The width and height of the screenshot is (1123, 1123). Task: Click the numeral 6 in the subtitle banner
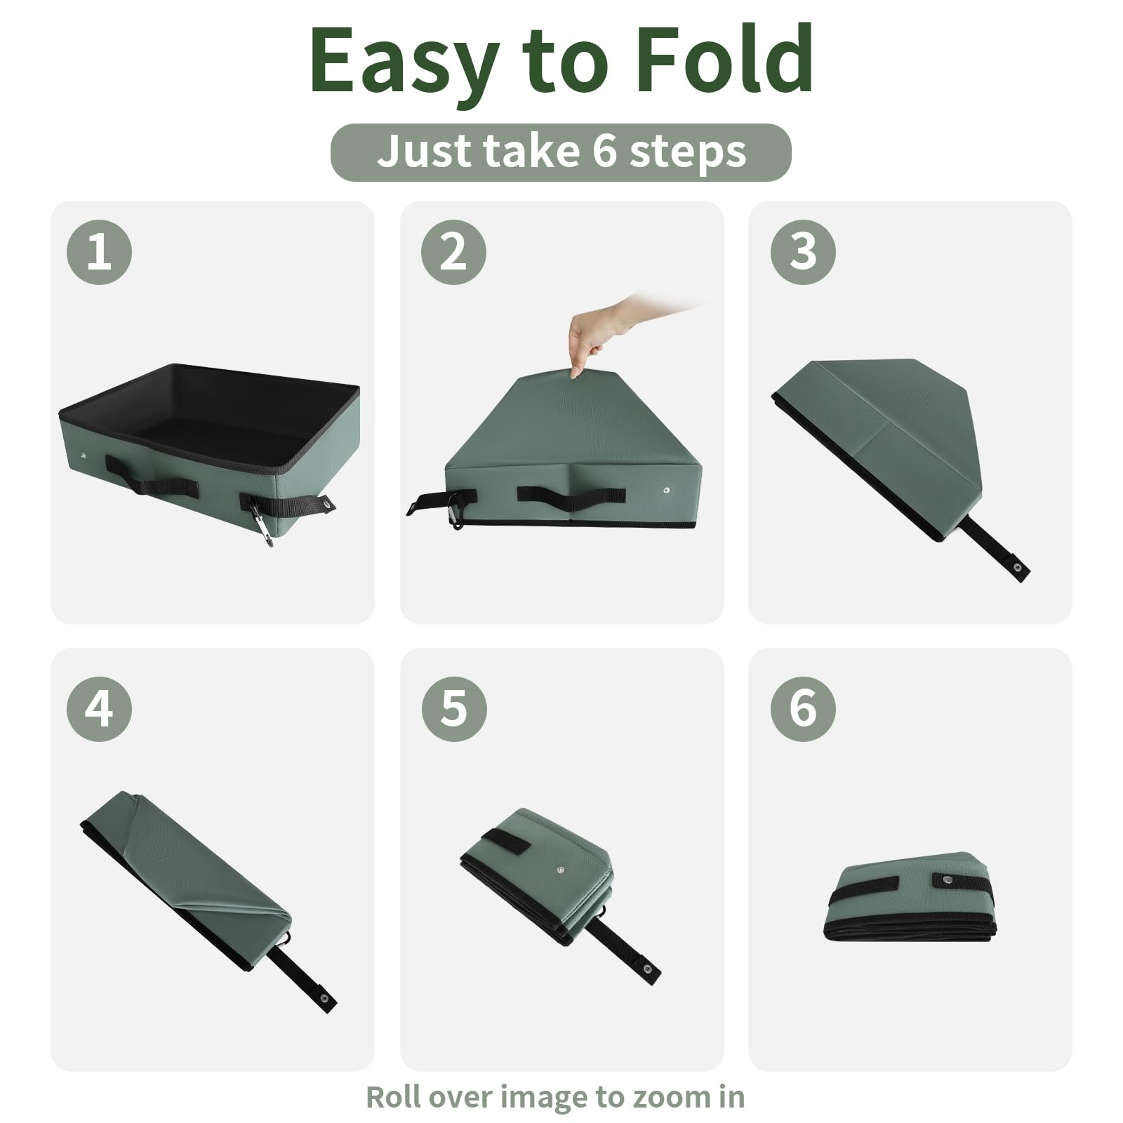(602, 151)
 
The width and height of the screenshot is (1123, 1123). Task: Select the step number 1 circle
(99, 251)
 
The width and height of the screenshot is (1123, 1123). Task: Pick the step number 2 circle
(453, 251)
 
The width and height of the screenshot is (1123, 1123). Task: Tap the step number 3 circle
(803, 251)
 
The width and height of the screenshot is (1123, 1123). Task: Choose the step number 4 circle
(99, 708)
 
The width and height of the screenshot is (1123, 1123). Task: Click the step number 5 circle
(453, 708)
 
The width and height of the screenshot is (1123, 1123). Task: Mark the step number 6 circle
(803, 708)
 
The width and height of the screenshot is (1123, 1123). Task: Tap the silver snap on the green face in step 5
(560, 871)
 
